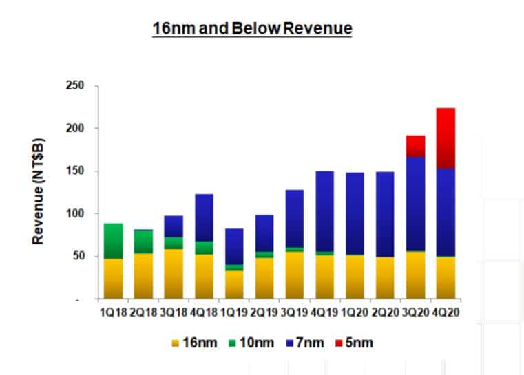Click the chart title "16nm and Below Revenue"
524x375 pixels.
pyautogui.click(x=252, y=29)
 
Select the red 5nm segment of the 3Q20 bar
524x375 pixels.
pyautogui.click(x=415, y=146)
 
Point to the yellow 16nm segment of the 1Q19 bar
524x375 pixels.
pyautogui.click(x=235, y=285)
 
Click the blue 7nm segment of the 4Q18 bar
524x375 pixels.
pyautogui.click(x=204, y=217)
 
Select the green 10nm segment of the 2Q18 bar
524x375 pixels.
pyautogui.click(x=144, y=242)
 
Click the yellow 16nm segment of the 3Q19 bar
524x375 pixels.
pyautogui.click(x=295, y=275)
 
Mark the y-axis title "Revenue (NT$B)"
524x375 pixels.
pyautogui.click(x=40, y=192)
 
